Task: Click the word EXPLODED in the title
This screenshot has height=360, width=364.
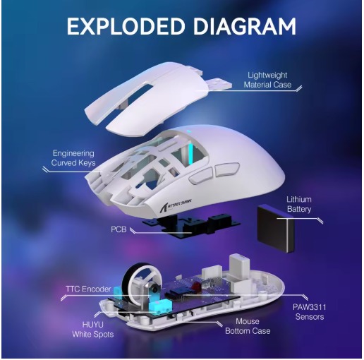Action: coord(126,26)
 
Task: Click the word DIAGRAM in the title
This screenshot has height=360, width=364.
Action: coord(245,26)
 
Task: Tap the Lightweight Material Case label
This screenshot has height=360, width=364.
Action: coord(267,80)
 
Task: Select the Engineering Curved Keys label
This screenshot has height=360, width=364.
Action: coord(73,158)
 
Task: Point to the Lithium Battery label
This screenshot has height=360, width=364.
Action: coord(299,204)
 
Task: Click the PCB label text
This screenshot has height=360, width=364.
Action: coord(119,229)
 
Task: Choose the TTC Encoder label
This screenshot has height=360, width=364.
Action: coord(88,289)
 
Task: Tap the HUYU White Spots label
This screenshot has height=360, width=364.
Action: coord(93,329)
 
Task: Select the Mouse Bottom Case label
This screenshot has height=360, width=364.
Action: coord(248,326)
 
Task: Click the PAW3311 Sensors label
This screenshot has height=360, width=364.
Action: coord(310,312)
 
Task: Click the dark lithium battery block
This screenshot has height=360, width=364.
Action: coord(276,228)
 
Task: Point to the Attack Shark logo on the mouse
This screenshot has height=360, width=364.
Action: coord(179,203)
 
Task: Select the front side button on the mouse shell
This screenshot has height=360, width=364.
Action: coord(200,176)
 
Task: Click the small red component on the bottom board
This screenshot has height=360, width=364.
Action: coord(195,286)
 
